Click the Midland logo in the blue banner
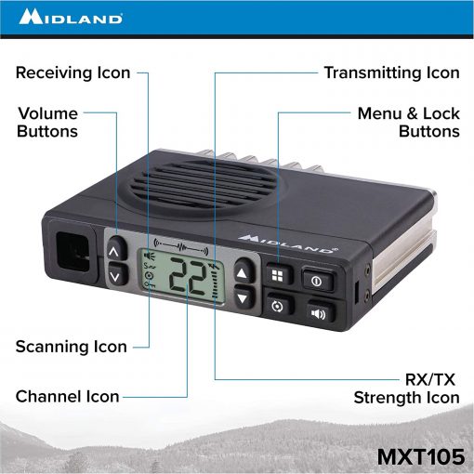71,17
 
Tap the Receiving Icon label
72,73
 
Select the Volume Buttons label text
47,122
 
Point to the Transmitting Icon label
391,73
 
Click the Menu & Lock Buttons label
409,122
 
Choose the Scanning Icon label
72,347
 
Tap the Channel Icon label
68,397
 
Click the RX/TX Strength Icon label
407,388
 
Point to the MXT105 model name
421,456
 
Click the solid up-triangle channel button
244,271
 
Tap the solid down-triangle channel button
244,296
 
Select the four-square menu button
278,275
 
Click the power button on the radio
317,281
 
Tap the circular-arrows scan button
277,306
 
